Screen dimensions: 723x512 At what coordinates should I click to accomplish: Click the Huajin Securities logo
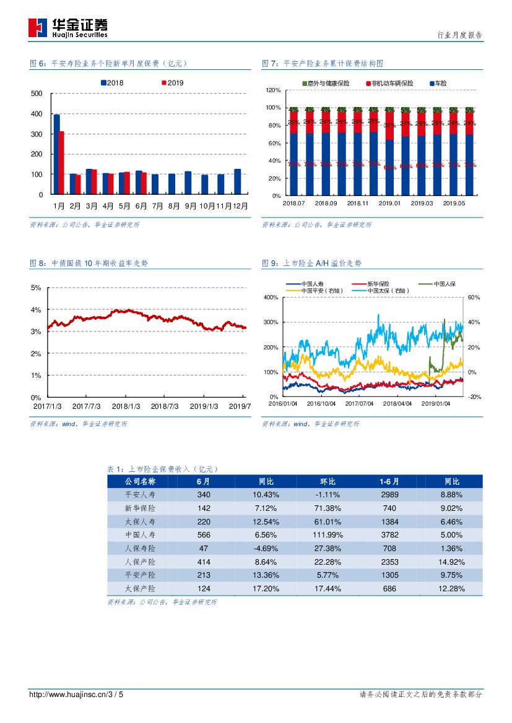[67, 27]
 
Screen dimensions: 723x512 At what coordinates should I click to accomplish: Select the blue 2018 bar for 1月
[57, 154]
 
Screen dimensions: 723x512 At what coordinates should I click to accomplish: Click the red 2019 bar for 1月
[61, 162]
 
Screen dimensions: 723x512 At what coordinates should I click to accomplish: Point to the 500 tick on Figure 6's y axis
[37, 93]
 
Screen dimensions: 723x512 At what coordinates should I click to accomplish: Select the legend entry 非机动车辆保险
[389, 83]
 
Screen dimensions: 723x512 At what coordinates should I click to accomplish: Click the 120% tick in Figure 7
[274, 90]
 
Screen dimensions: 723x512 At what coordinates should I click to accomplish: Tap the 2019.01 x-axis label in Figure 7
[389, 203]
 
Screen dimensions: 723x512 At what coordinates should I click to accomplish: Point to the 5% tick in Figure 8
[36, 288]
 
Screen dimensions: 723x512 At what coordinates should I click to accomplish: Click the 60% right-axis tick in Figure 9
[474, 297]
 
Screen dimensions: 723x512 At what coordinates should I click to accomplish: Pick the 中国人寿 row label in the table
[140, 535]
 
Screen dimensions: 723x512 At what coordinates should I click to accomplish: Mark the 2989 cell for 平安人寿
[390, 495]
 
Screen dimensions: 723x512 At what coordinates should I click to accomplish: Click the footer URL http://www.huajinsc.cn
[68, 695]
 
